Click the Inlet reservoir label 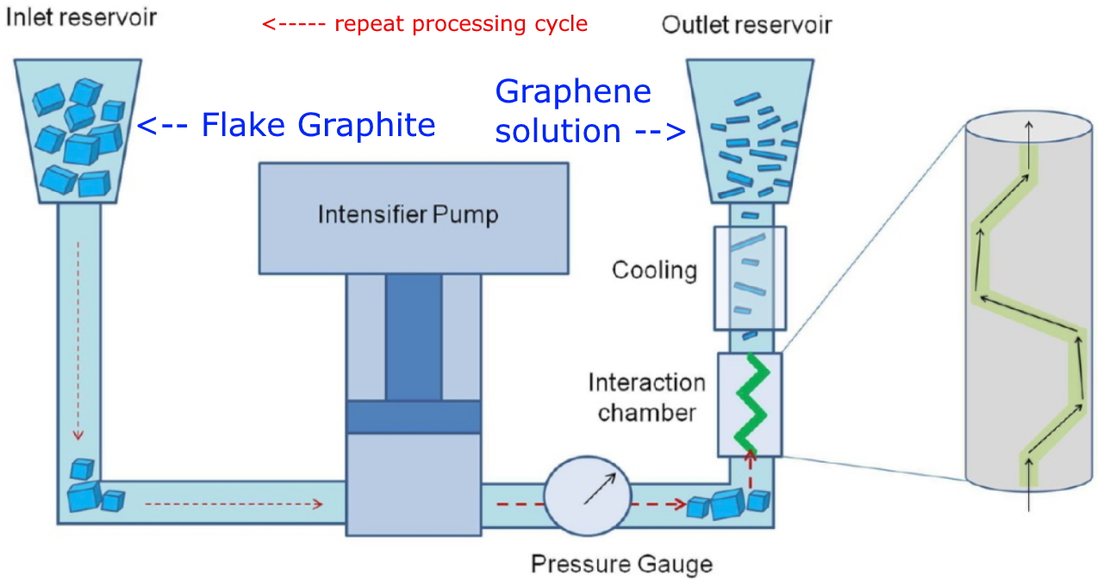pyautogui.click(x=82, y=16)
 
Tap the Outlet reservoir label pyautogui.click(x=746, y=24)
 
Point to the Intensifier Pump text pyautogui.click(x=408, y=214)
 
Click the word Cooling pyautogui.click(x=654, y=270)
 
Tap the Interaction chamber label pyautogui.click(x=646, y=397)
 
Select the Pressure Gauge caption pyautogui.click(x=621, y=564)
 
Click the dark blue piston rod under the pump pyautogui.click(x=413, y=337)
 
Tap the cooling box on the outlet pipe pyautogui.click(x=749, y=277)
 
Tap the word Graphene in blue pyautogui.click(x=573, y=92)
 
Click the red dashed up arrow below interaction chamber pyautogui.click(x=749, y=472)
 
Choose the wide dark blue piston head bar pyautogui.click(x=413, y=417)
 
